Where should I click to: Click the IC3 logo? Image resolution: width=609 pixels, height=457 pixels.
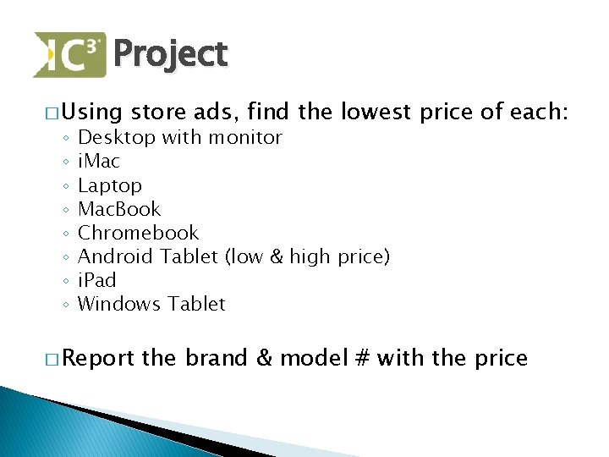[69, 55]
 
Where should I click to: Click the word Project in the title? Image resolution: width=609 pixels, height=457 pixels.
[170, 55]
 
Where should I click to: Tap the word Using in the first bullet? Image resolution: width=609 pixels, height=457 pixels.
[91, 112]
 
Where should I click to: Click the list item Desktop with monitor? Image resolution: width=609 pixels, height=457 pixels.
[179, 138]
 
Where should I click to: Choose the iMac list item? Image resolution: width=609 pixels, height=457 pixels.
[99, 162]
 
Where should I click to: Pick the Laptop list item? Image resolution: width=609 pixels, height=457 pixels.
[110, 185]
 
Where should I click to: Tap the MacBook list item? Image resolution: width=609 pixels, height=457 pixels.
[119, 209]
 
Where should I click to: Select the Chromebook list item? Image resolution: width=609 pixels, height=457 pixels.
[138, 233]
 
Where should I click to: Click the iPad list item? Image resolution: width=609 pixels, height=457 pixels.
[96, 280]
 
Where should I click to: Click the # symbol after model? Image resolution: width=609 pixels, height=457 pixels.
[362, 359]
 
